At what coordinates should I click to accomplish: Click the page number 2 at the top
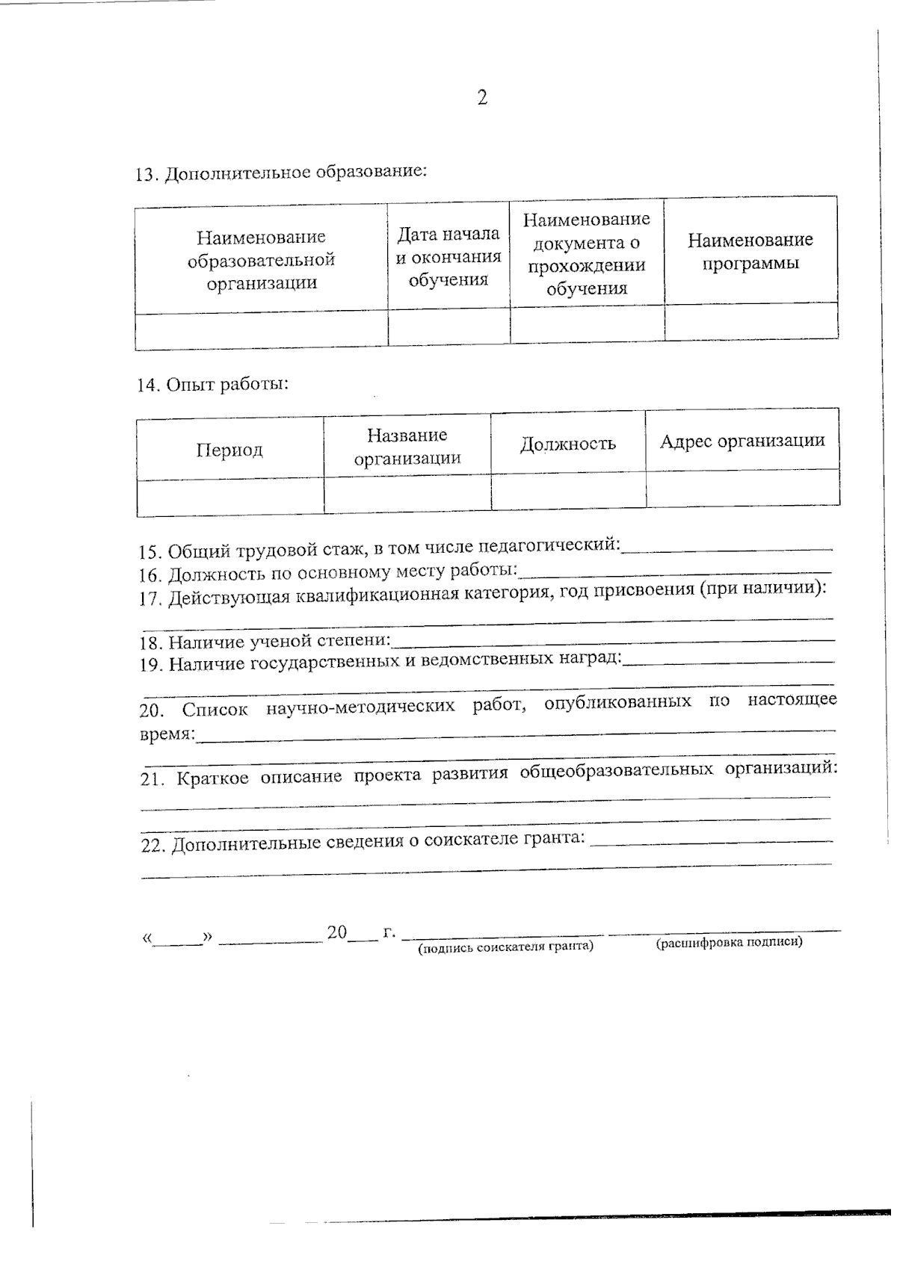click(482, 98)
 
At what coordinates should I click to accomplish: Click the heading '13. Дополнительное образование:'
click(281, 173)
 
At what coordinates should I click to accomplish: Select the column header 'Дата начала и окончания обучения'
click(448, 257)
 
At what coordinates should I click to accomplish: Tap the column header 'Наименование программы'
click(750, 252)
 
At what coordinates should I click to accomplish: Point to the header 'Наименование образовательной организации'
click(261, 260)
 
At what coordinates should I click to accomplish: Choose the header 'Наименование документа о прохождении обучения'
click(586, 254)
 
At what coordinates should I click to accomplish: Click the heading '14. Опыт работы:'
click(213, 385)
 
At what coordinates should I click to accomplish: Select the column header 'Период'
click(229, 450)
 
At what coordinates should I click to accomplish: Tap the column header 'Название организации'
click(407, 447)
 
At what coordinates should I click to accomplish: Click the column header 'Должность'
click(568, 444)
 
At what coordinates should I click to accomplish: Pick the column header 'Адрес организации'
click(742, 441)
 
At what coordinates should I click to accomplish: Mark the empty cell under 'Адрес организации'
click(742, 489)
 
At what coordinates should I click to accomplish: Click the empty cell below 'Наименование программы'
click(750, 323)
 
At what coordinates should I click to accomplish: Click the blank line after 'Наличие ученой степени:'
click(613, 640)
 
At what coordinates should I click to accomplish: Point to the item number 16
click(149, 575)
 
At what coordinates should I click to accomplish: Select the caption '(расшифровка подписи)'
click(729, 942)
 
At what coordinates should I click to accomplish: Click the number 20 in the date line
click(337, 932)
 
